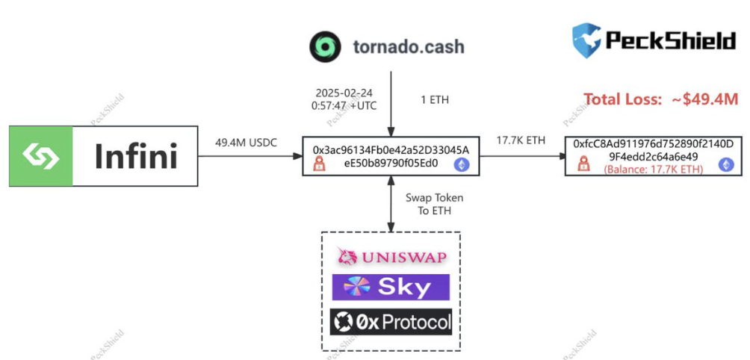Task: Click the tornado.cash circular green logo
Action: (325, 46)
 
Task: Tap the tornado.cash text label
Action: (408, 46)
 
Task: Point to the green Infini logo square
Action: (42, 156)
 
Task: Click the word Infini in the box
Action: (136, 157)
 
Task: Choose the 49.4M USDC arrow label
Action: (247, 142)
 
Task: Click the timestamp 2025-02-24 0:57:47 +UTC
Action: (344, 99)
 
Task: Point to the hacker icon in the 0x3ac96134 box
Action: (320, 164)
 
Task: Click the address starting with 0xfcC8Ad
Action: (652, 149)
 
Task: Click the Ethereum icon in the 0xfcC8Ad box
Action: (725, 164)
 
